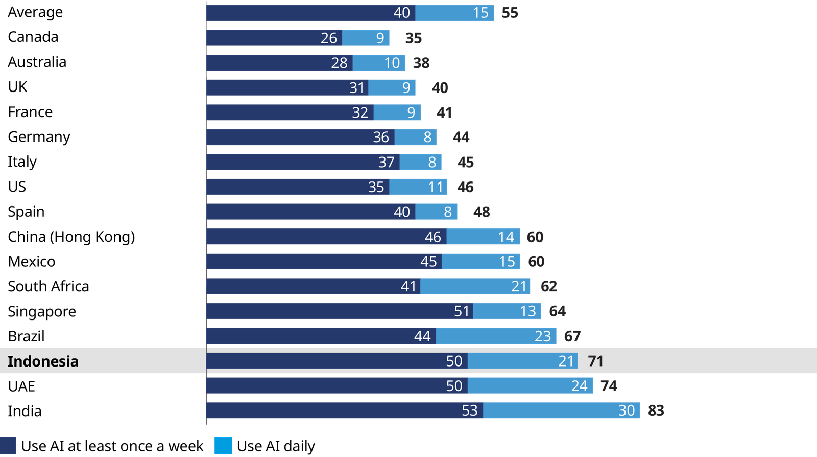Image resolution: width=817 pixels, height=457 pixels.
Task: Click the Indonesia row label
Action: (x=43, y=361)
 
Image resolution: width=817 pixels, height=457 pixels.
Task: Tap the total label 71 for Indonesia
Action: (x=595, y=361)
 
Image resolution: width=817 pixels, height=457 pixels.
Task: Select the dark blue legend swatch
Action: (x=8, y=446)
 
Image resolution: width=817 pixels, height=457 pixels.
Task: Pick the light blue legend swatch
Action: (x=223, y=446)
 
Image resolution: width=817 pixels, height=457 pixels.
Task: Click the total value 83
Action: (x=656, y=410)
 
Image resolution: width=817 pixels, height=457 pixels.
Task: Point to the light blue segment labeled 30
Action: (x=561, y=410)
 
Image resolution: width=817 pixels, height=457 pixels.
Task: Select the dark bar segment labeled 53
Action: (x=345, y=410)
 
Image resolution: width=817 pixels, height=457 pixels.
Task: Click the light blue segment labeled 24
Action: (x=530, y=386)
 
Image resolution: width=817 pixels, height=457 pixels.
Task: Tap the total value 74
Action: (x=609, y=386)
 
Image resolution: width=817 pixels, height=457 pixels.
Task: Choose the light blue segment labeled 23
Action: (x=496, y=336)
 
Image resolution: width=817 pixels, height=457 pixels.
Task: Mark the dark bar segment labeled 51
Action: (x=340, y=311)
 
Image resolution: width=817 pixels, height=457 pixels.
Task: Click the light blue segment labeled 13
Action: (x=507, y=311)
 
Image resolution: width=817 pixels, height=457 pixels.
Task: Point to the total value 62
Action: (x=548, y=286)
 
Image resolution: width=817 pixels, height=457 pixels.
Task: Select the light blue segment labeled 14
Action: (x=483, y=237)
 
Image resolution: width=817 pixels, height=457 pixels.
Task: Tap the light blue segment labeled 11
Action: (x=418, y=187)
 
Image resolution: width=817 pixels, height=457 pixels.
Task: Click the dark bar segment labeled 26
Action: (x=274, y=38)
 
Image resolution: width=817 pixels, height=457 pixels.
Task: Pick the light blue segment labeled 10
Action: (x=379, y=63)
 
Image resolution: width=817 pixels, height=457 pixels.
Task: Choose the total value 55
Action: (x=510, y=13)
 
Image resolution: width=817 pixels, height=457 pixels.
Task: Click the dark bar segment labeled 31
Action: (x=287, y=87)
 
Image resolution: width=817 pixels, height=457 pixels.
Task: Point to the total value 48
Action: (x=482, y=212)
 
